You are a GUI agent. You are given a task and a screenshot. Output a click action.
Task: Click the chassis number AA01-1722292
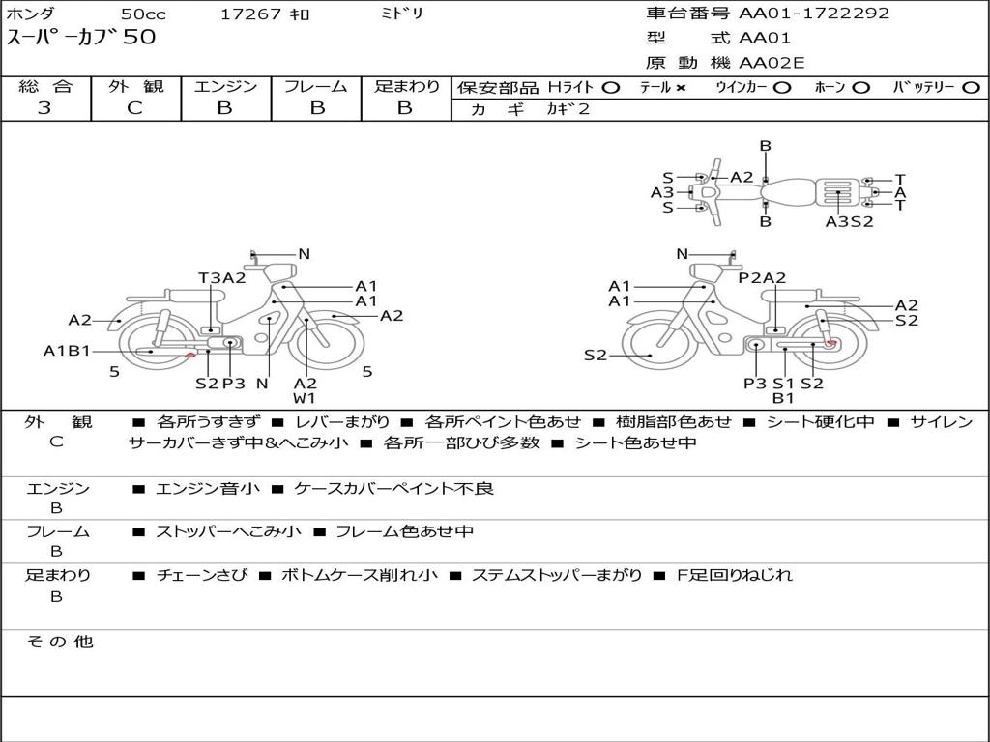[x=814, y=14]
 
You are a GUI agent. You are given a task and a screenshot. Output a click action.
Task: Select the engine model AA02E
[x=772, y=63]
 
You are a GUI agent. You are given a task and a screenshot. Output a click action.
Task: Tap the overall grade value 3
[x=44, y=108]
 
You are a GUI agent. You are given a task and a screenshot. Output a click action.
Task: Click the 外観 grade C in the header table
[x=135, y=108]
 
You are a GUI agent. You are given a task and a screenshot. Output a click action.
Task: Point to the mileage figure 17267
[x=250, y=14]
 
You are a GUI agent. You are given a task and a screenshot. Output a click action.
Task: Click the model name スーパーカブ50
[x=81, y=37]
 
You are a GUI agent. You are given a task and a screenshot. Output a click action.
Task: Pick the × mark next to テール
[x=680, y=88]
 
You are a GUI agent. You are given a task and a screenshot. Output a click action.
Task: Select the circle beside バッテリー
[x=971, y=88]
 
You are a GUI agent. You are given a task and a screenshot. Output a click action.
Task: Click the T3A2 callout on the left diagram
[x=222, y=277]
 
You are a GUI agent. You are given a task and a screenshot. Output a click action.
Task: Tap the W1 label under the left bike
[x=305, y=398]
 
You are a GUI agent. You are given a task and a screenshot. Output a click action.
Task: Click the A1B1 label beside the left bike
[x=67, y=351]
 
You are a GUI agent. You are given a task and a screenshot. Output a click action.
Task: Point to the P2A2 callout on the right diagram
[x=762, y=277]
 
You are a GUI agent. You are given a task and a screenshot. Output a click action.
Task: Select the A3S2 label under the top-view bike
[x=849, y=221]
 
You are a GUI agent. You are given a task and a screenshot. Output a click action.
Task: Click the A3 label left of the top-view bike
[x=662, y=192]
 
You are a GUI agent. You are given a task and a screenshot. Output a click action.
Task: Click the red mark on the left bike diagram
[x=189, y=357]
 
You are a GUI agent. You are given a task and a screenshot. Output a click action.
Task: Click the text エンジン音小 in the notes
[x=208, y=488]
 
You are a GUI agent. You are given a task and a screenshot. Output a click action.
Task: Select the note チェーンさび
[x=202, y=575]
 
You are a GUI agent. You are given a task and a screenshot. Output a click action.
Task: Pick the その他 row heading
[x=60, y=642]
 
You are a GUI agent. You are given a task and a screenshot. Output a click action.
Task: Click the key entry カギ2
[x=568, y=109]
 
